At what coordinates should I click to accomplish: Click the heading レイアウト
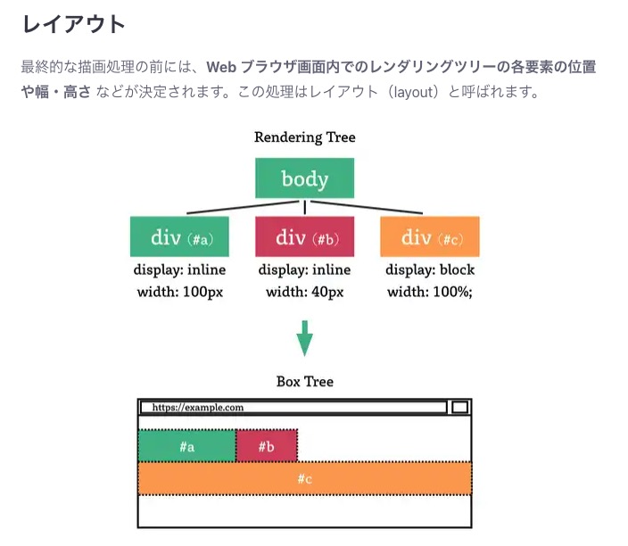tap(74, 24)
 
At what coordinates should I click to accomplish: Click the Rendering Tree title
tap(304, 137)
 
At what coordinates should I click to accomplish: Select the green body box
tap(304, 178)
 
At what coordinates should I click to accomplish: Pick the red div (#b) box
tap(304, 236)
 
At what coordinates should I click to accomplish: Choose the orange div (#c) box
tap(429, 236)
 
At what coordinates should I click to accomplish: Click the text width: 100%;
tap(429, 292)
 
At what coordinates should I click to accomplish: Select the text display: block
tap(429, 270)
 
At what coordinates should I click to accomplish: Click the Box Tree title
tap(304, 382)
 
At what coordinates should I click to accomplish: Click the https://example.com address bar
tap(293, 408)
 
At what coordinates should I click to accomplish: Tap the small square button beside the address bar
tap(459, 408)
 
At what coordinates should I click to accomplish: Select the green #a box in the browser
tap(187, 446)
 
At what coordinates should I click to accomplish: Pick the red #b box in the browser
tap(266, 446)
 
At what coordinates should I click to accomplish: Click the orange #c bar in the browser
tap(304, 479)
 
